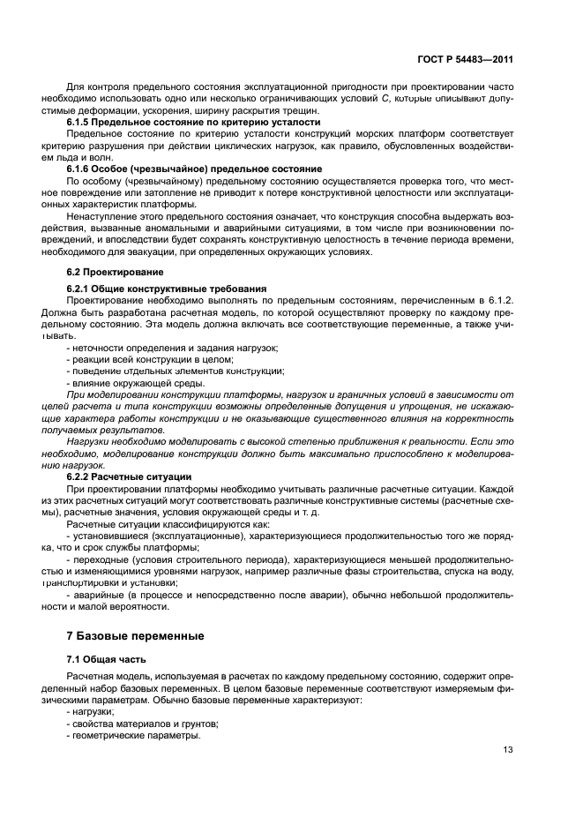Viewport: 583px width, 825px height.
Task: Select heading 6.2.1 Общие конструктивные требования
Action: [x=155, y=289]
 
